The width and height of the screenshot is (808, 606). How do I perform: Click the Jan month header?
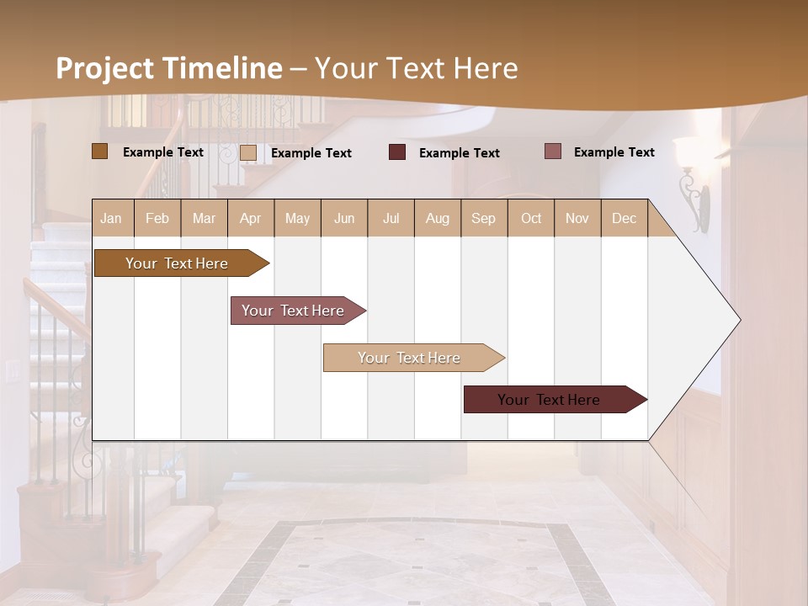[111, 218]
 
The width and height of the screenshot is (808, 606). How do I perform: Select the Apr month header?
[250, 218]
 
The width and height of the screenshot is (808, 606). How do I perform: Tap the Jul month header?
[391, 218]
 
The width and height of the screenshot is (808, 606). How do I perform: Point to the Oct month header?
[531, 218]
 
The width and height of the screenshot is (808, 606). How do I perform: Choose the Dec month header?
[624, 218]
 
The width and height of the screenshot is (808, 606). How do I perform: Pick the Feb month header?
[157, 218]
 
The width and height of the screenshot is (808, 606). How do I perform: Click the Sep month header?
[483, 218]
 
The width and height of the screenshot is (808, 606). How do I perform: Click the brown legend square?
[99, 151]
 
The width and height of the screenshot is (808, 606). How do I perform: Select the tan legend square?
[247, 152]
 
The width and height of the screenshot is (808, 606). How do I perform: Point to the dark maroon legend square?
[397, 152]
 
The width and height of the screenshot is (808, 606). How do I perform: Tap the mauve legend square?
[552, 151]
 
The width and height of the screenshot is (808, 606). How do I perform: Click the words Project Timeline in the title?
[168, 68]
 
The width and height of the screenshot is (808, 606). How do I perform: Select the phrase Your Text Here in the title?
[416, 68]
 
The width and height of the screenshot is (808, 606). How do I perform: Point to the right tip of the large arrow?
[739, 320]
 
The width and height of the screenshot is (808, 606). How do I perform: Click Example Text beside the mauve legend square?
[614, 152]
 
